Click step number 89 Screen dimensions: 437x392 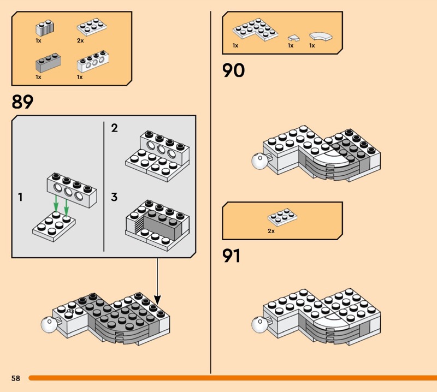pos(22,102)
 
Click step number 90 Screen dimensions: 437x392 pos(234,70)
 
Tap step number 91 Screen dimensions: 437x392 pos(231,256)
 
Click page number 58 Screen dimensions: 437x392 pos(16,378)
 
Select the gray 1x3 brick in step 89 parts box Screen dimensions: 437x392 pos(48,63)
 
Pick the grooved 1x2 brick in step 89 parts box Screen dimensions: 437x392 pos(45,28)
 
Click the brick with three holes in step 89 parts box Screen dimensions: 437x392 pos(93,62)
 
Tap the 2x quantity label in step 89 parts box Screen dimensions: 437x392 pos(80,41)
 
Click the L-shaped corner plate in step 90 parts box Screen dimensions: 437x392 pos(255,29)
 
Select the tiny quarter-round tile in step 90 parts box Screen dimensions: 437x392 pos(293,38)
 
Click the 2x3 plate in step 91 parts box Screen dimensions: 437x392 pos(282,217)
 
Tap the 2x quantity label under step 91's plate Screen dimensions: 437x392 pos(271,231)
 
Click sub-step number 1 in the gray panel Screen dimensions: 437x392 pos(20,197)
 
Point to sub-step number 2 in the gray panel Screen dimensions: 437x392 pos(114,128)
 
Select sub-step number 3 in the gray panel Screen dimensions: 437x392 pos(114,197)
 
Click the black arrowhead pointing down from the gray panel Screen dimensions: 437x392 pos(157,300)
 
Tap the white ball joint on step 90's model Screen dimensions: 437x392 pos(259,161)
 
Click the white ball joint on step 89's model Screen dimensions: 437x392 pos(49,324)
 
